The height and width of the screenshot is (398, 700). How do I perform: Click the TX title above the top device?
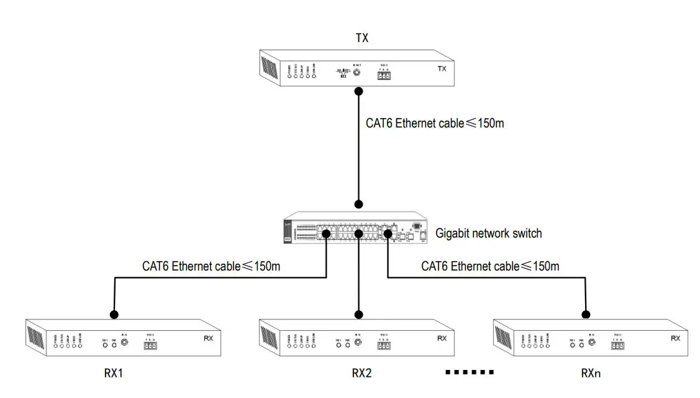click(x=361, y=38)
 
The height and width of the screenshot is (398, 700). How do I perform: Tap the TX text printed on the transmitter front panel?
click(x=442, y=69)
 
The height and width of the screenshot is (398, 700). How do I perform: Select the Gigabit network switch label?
click(x=488, y=234)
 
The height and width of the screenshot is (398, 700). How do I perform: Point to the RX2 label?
click(x=361, y=373)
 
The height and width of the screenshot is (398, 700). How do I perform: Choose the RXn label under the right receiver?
click(x=591, y=373)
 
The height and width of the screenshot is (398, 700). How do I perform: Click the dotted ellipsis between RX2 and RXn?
click(x=470, y=373)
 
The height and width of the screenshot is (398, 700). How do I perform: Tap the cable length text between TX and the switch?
click(x=434, y=123)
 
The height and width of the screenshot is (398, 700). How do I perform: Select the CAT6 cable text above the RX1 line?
click(x=211, y=267)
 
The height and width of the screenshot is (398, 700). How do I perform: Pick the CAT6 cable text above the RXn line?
click(x=489, y=267)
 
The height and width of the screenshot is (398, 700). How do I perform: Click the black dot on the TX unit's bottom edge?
click(x=358, y=91)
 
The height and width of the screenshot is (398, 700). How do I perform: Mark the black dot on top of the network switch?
click(x=358, y=204)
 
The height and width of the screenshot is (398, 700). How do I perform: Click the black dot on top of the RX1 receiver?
click(x=114, y=313)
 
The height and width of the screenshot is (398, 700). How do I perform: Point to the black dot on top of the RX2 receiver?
click(x=358, y=313)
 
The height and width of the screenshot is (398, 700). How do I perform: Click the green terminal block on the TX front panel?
click(x=383, y=75)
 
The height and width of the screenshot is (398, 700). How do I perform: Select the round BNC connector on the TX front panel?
click(x=357, y=72)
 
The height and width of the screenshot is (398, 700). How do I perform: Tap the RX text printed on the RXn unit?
click(x=676, y=338)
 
